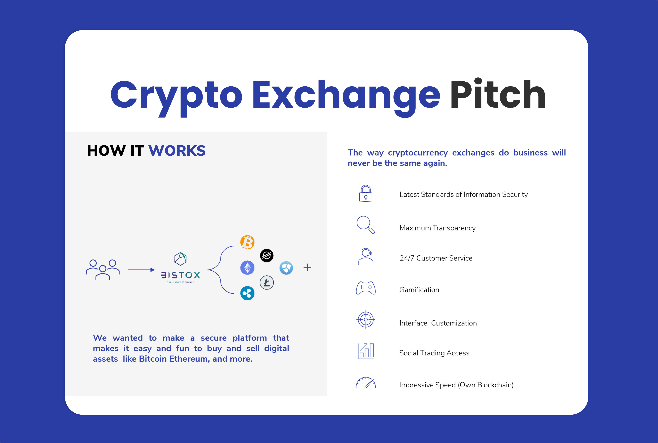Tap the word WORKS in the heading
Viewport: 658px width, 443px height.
click(x=177, y=151)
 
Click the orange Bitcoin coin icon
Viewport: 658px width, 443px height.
click(x=247, y=242)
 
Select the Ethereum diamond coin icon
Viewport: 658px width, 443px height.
click(x=247, y=268)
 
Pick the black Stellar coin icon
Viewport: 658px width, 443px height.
click(x=266, y=255)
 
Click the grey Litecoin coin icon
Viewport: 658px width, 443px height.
click(x=266, y=282)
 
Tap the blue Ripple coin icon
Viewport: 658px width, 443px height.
click(x=247, y=293)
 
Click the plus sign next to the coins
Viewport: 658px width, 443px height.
click(x=307, y=267)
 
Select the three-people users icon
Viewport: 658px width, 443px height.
click(x=103, y=270)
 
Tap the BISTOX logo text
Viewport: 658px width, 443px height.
click(x=180, y=275)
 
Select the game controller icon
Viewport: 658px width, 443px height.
click(x=366, y=288)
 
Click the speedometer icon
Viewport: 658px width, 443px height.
click(x=366, y=383)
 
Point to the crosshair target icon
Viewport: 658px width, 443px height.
click(x=366, y=320)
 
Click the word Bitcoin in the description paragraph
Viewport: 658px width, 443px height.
click(x=153, y=359)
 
